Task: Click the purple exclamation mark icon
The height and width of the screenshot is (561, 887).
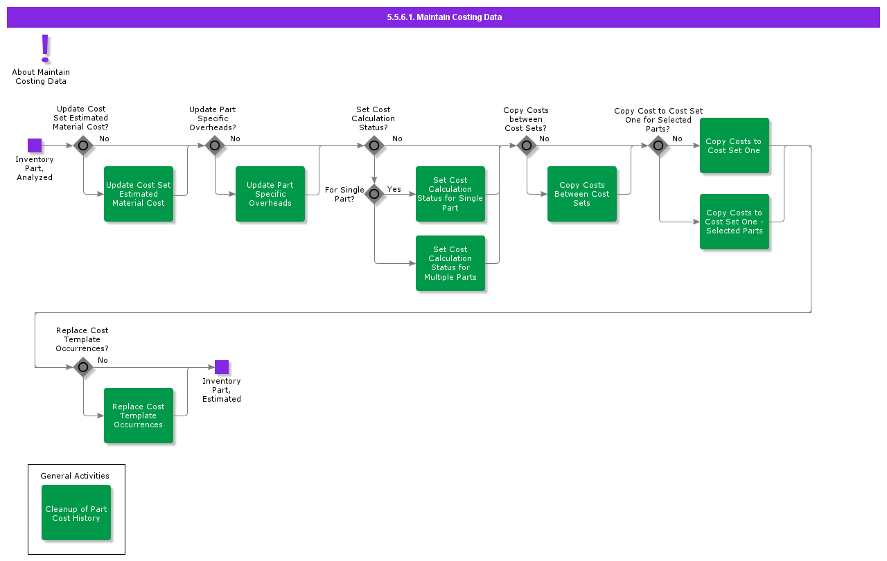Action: point(45,48)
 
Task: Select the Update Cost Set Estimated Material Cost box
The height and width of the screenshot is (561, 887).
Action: point(139,194)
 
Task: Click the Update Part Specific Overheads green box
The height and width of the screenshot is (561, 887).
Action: point(270,194)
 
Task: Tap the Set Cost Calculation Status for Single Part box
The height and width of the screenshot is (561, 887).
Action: point(450,194)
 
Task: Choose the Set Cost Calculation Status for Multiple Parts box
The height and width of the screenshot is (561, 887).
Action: point(450,263)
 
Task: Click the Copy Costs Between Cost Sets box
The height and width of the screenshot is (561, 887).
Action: point(582,194)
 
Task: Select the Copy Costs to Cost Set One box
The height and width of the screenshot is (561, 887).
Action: point(735,145)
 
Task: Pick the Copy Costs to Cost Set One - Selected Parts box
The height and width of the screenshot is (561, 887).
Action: point(735,222)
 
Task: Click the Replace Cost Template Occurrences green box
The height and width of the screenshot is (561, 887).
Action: point(139,416)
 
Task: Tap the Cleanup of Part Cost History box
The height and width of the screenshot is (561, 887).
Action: point(76,513)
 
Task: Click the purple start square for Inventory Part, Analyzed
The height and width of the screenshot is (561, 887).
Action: point(35,145)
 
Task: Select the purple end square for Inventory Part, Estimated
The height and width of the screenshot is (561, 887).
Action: point(222,367)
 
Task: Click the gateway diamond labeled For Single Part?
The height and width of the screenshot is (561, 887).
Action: point(374,194)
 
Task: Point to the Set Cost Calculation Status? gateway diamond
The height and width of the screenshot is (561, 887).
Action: point(374,145)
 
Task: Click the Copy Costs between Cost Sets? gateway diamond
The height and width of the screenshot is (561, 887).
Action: point(527,145)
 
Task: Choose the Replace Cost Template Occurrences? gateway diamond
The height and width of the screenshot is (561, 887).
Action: point(83,367)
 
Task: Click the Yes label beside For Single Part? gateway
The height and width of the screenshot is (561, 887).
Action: point(394,189)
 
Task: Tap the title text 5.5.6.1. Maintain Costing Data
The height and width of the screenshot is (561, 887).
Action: point(444,17)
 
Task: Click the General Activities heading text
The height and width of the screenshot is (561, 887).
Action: point(75,476)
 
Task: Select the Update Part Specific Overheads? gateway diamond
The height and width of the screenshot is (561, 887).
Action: point(215,145)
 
